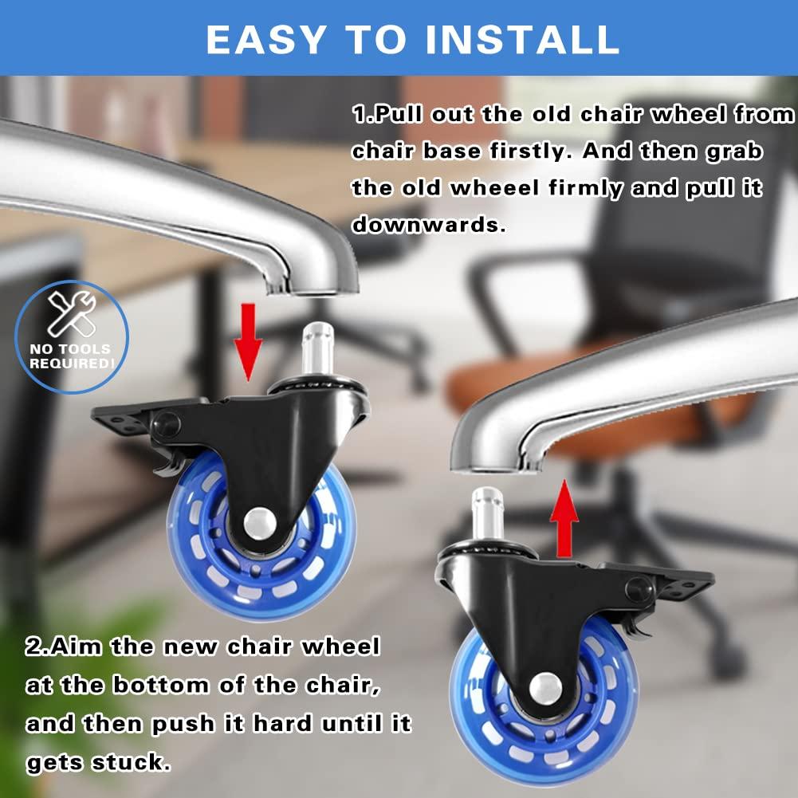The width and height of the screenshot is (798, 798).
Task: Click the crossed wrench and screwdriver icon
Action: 72,313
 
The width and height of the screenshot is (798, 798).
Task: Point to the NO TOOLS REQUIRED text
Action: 72,356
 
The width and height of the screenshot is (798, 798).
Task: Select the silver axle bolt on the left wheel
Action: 260,523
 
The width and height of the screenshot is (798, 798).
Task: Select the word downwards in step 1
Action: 429,226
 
